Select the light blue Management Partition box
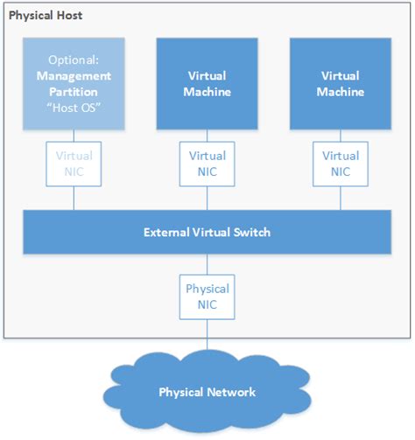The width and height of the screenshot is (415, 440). [x=74, y=82]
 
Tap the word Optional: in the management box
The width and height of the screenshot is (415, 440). [x=74, y=61]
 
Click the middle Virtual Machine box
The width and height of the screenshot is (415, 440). [x=207, y=82]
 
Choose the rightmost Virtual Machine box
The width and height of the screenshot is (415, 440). [x=340, y=82]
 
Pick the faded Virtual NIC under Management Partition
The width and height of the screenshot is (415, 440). [x=74, y=164]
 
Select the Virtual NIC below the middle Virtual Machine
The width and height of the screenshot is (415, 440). [x=207, y=164]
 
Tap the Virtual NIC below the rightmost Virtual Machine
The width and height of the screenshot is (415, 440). [x=340, y=164]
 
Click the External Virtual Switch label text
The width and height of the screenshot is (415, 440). [x=207, y=233]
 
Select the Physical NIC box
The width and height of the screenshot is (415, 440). [x=207, y=296]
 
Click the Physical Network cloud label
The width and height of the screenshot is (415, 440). [x=207, y=391]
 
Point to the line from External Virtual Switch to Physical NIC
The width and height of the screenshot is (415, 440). [x=207, y=264]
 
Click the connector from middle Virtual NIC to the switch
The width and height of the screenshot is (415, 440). [x=207, y=199]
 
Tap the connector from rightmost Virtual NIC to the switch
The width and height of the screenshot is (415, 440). [x=340, y=199]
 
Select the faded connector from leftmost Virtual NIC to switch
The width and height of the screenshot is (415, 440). [x=74, y=199]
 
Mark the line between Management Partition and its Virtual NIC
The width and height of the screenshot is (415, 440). [x=74, y=135]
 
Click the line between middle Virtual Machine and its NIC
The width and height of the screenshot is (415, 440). [x=207, y=135]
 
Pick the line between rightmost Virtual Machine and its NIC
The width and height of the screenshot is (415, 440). [x=340, y=135]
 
